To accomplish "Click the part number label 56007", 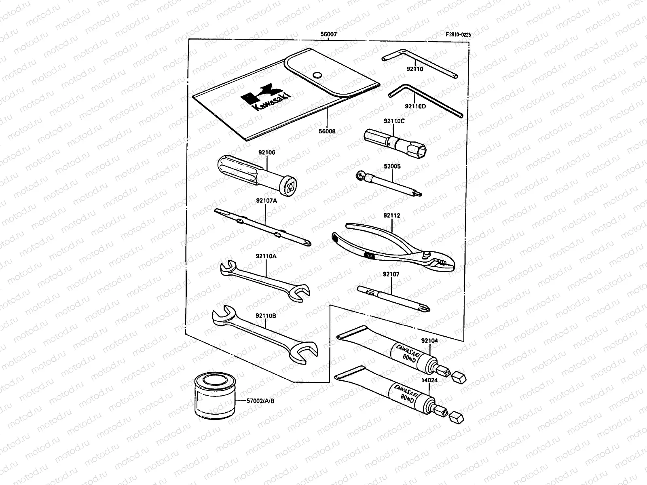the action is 328,34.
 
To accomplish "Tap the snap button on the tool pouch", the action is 317,75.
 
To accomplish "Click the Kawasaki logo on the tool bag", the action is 265,97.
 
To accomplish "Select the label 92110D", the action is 415,106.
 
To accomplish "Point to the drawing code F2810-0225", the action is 458,34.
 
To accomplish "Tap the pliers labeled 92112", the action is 393,247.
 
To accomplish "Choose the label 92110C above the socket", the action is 394,121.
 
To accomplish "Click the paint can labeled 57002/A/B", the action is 215,395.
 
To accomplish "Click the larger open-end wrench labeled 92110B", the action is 265,335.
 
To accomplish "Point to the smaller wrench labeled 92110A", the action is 265,281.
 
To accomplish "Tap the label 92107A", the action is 266,200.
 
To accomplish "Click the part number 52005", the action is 392,166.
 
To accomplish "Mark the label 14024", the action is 429,380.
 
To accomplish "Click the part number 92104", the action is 429,340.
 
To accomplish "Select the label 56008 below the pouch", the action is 327,131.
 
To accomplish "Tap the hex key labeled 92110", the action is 420,63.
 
